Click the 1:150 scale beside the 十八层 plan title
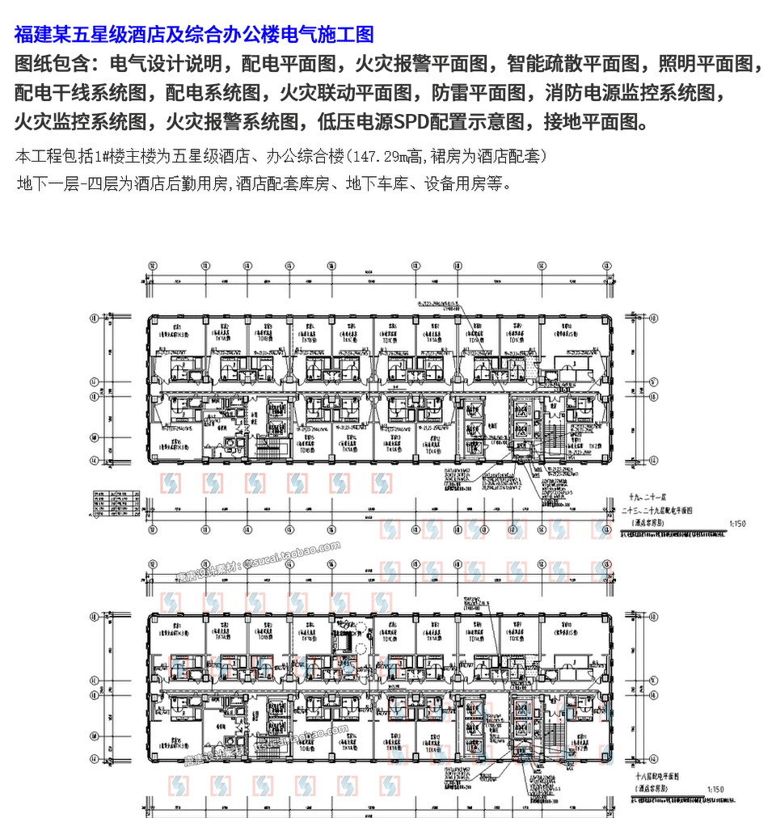click(x=715, y=788)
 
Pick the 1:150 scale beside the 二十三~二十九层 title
click(x=738, y=523)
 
